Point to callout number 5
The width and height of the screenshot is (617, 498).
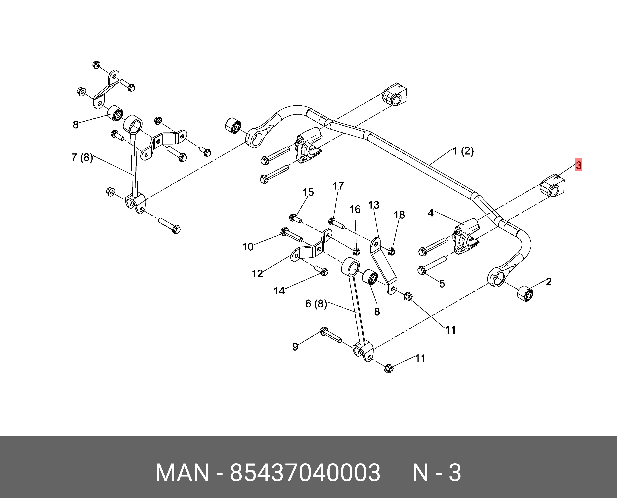click(442, 284)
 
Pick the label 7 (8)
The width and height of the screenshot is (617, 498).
click(82, 157)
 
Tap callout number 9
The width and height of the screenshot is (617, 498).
click(295, 346)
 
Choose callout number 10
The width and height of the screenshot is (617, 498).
click(248, 247)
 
